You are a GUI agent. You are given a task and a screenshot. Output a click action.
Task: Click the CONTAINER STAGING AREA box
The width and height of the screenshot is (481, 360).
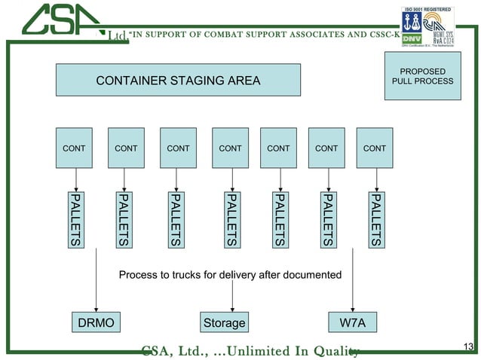tap(178, 81)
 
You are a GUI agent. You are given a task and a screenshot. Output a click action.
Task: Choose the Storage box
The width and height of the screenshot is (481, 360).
tap(224, 323)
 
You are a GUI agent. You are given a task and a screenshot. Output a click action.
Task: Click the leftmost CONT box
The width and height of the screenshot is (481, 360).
tap(74, 148)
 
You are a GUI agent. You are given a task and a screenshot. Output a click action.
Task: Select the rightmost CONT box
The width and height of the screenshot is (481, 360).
tap(375, 148)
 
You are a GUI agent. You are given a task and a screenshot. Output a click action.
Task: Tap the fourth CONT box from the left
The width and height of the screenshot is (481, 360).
tap(230, 148)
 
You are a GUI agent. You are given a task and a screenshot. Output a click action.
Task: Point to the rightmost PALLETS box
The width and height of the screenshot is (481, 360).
tap(375, 219)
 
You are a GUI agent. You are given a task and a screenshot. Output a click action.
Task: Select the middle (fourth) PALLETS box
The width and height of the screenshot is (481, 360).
tap(231, 219)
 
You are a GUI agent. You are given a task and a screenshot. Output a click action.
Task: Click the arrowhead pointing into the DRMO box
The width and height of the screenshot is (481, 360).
tap(96, 307)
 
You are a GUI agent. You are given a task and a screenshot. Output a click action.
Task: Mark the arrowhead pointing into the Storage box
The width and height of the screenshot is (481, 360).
tap(231, 307)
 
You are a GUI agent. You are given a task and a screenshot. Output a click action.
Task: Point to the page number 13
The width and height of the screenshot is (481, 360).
tap(468, 346)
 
